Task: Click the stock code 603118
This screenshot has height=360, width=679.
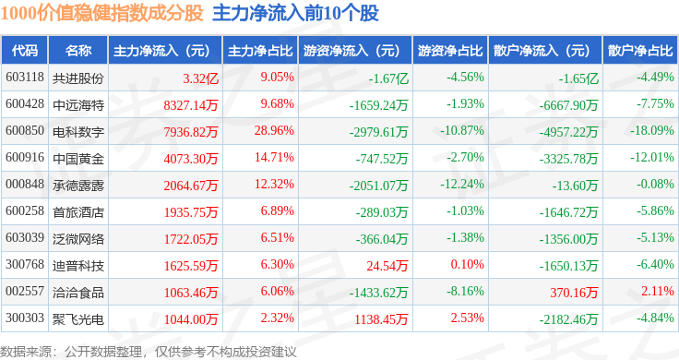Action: (x=25, y=78)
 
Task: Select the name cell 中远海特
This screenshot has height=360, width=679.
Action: (x=78, y=105)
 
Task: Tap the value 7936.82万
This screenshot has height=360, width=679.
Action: (x=191, y=132)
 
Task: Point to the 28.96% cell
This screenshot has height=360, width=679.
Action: (x=274, y=130)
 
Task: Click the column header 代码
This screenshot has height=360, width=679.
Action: (x=25, y=51)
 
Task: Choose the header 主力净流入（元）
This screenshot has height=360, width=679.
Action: (x=161, y=51)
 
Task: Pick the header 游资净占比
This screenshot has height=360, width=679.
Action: (x=450, y=51)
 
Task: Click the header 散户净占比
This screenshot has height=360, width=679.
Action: (x=640, y=51)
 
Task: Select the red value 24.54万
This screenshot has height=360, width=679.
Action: (x=387, y=266)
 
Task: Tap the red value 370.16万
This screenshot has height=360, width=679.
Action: (x=574, y=293)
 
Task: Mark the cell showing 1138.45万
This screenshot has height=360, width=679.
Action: (x=381, y=319)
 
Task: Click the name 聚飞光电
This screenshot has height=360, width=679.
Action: (x=78, y=319)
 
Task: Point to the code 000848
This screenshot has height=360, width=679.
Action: (x=25, y=184)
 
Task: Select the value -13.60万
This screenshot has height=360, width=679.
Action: (x=575, y=186)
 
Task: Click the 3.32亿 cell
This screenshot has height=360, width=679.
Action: (x=200, y=78)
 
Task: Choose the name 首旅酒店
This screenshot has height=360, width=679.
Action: (x=78, y=212)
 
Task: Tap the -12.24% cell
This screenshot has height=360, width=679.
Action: (x=462, y=184)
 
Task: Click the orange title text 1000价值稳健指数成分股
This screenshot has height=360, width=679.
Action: (x=102, y=13)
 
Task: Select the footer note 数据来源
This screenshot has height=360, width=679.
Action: (x=26, y=352)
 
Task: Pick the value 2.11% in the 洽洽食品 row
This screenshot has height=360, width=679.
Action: (x=658, y=291)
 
